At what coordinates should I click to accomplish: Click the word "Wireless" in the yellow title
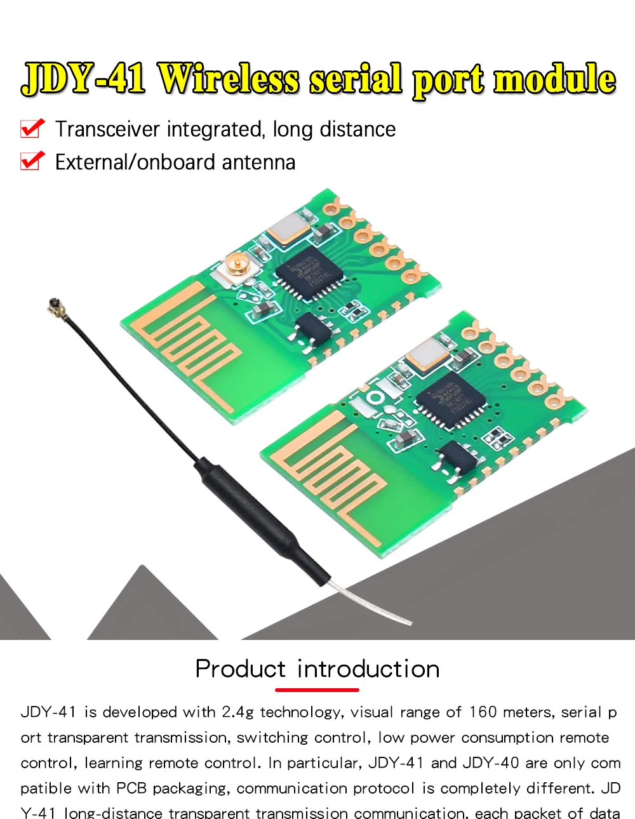pos(228,81)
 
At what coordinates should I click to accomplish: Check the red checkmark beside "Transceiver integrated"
pos(32,128)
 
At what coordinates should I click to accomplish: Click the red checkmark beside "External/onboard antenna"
pos(32,161)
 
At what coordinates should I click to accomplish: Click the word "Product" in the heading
pos(240,669)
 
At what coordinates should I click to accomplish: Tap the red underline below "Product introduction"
pos(317,689)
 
